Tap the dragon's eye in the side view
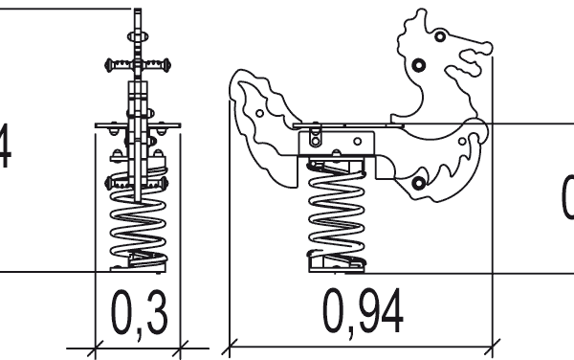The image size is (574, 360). (x=438, y=36)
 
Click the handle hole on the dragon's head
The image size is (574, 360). (x=417, y=65)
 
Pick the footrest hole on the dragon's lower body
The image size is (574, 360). (x=418, y=183)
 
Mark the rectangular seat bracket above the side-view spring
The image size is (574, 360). (x=335, y=145)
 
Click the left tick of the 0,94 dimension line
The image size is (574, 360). (x=230, y=343)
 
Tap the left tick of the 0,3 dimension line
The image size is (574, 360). (x=97, y=343)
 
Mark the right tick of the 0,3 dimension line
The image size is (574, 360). (x=181, y=343)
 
